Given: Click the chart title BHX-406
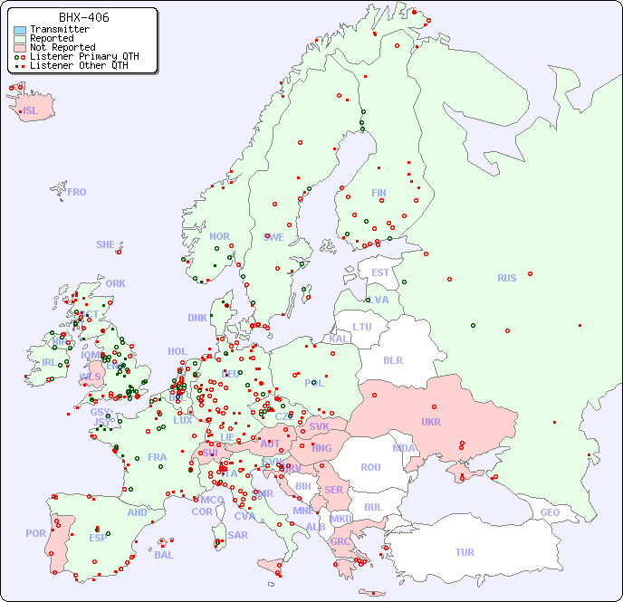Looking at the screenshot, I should pyautogui.click(x=83, y=17).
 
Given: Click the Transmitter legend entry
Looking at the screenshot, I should pyautogui.click(x=59, y=30).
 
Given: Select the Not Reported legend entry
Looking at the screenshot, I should pyautogui.click(x=62, y=47).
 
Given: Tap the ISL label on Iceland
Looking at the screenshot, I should pyautogui.click(x=31, y=111).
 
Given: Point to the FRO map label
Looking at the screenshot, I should pyautogui.click(x=77, y=192).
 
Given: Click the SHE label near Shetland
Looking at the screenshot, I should pyautogui.click(x=106, y=244).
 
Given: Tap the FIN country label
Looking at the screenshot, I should pyautogui.click(x=379, y=193).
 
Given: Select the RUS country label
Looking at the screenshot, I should pyautogui.click(x=506, y=278).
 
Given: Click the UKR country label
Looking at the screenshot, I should pyautogui.click(x=431, y=422).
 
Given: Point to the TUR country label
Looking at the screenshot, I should pyautogui.click(x=465, y=552).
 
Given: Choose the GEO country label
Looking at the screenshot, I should pyautogui.click(x=550, y=512).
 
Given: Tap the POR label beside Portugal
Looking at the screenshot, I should pyautogui.click(x=35, y=533).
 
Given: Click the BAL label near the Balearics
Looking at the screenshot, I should pyautogui.click(x=164, y=555).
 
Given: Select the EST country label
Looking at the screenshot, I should pyautogui.click(x=380, y=272).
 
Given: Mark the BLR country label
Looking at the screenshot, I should pyautogui.click(x=393, y=359).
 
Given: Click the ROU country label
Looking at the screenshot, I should pyautogui.click(x=370, y=467).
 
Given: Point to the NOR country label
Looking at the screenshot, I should pyautogui.click(x=219, y=236).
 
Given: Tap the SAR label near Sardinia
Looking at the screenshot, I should pyautogui.click(x=238, y=535).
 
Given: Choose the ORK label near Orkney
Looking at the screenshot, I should pyautogui.click(x=115, y=283).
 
